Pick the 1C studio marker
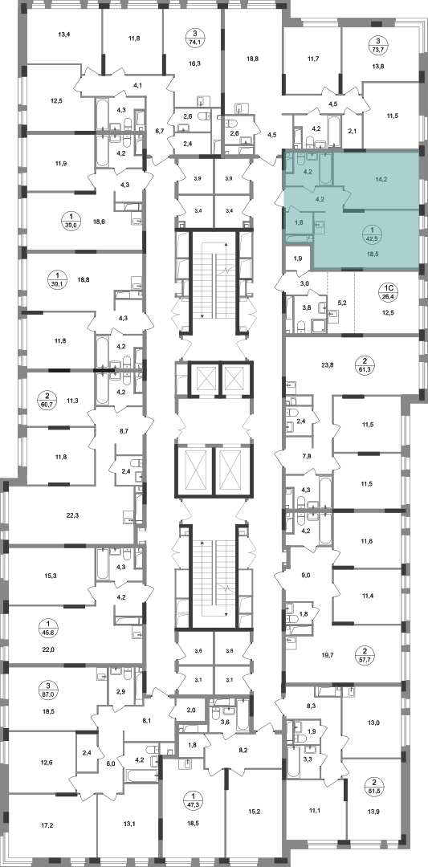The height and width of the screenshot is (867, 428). pos(389,291)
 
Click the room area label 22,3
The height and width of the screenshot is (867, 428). pos(72,515)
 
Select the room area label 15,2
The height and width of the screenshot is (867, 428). pos(253,827)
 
